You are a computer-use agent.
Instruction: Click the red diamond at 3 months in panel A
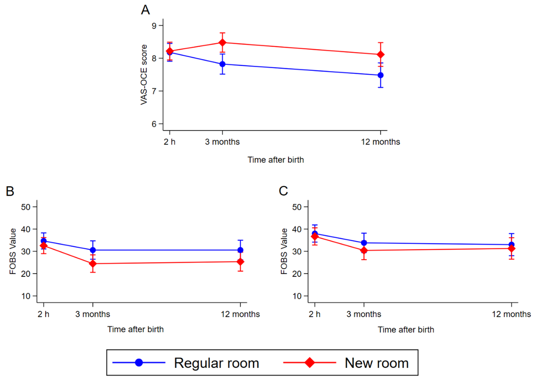[222, 43]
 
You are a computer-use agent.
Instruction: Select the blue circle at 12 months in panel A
[380, 75]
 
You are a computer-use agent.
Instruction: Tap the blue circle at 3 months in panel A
[222, 64]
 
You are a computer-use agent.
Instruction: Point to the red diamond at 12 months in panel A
[380, 55]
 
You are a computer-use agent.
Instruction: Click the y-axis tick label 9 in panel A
[154, 25]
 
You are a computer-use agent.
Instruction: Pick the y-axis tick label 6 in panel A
[154, 124]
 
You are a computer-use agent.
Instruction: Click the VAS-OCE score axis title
[144, 75]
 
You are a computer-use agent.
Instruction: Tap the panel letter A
[146, 10]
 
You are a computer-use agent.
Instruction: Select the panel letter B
[10, 191]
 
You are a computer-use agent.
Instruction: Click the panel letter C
[283, 191]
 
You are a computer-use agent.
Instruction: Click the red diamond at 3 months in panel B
[93, 264]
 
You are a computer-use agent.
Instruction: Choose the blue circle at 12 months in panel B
[240, 250]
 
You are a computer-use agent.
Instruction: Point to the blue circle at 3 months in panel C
[364, 243]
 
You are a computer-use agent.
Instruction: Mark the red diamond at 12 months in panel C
[512, 249]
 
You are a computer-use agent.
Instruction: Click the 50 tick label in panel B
[25, 207]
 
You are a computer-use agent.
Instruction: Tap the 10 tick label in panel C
[297, 296]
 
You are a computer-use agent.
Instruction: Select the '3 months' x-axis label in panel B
[93, 314]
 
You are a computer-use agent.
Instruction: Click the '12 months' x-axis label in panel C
[512, 314]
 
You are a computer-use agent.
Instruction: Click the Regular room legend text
[216, 363]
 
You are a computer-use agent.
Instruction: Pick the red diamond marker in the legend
[309, 362]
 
